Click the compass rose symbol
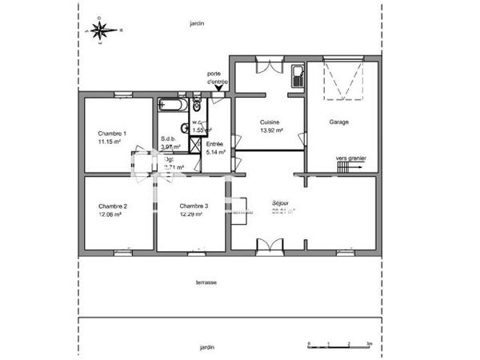(x=101, y=30)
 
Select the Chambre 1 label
(x=112, y=133)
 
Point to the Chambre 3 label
(x=194, y=206)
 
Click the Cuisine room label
(x=268, y=122)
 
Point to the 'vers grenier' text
(x=350, y=158)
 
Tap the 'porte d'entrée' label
(x=217, y=78)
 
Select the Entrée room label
(x=215, y=144)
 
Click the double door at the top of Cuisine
(x=269, y=66)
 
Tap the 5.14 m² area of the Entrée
(x=215, y=152)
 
